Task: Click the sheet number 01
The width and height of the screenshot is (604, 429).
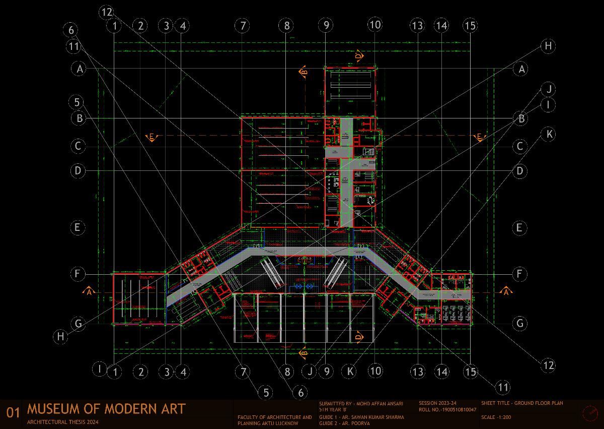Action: click(12, 413)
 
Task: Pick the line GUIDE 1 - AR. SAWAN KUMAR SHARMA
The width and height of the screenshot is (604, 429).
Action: click(361, 417)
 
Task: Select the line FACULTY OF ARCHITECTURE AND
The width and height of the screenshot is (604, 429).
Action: click(275, 417)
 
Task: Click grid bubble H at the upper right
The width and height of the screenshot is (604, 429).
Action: click(548, 46)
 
